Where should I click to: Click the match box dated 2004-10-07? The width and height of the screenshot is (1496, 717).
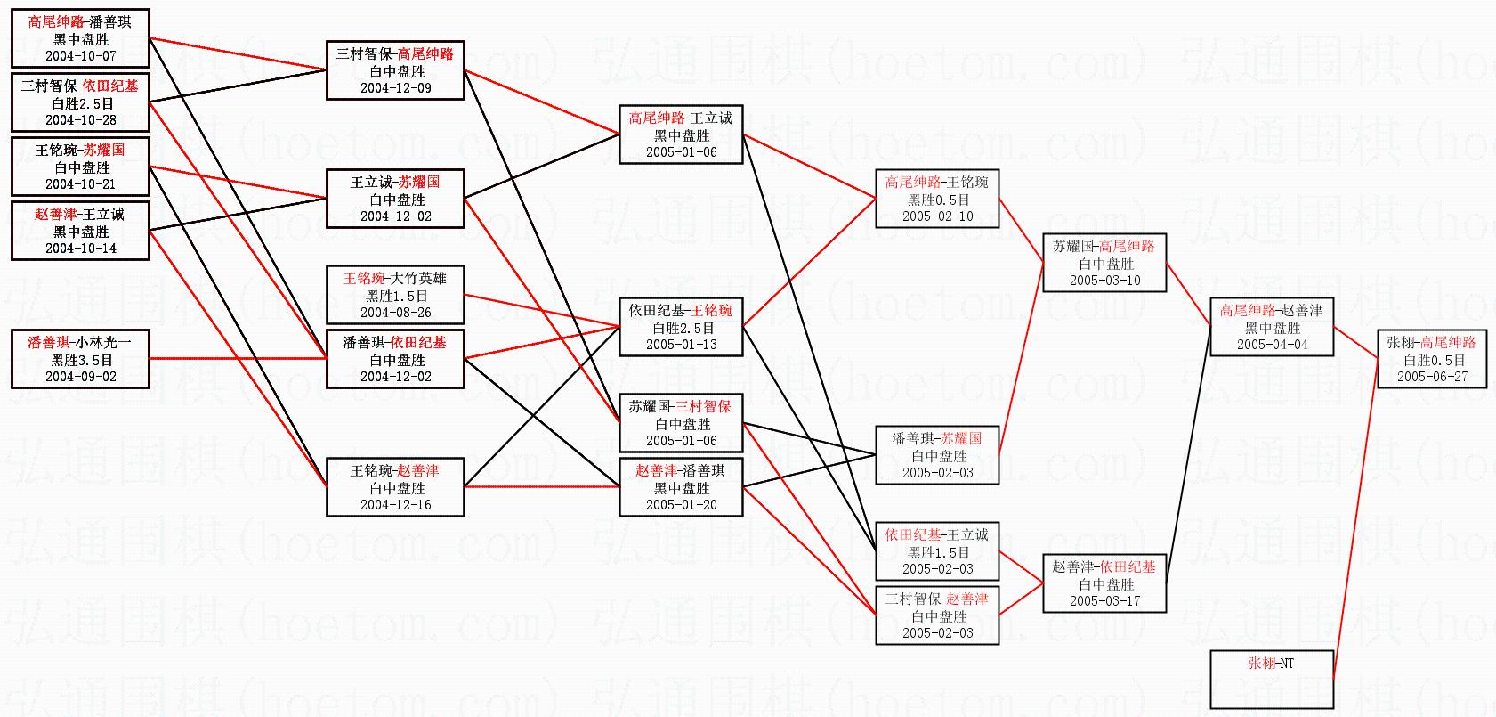pyautogui.click(x=80, y=38)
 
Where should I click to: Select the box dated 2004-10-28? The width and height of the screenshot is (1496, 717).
pyautogui.click(x=80, y=102)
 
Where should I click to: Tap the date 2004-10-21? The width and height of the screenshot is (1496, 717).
pyautogui.click(x=81, y=184)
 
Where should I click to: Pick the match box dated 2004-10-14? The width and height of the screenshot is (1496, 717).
pyautogui.click(x=80, y=231)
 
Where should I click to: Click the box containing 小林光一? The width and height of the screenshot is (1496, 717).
pyautogui.click(x=80, y=359)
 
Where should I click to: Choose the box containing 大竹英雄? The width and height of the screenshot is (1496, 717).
pyautogui.click(x=395, y=295)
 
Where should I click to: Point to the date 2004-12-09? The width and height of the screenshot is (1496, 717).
pyautogui.click(x=396, y=88)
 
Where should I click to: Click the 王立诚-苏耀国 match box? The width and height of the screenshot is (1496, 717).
pyautogui.click(x=395, y=199)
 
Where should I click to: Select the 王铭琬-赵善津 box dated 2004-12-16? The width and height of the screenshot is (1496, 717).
pyautogui.click(x=395, y=487)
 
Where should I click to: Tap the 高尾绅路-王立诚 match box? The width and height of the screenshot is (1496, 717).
pyautogui.click(x=681, y=134)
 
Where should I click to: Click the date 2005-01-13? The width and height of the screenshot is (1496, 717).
pyautogui.click(x=682, y=345)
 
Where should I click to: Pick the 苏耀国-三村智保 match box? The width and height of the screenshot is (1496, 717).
pyautogui.click(x=681, y=423)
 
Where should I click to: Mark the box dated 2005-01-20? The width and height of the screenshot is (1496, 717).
pyautogui.click(x=681, y=487)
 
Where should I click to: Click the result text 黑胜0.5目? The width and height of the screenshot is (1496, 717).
pyautogui.click(x=938, y=200)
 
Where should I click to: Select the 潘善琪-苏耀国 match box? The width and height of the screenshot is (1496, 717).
pyautogui.click(x=937, y=455)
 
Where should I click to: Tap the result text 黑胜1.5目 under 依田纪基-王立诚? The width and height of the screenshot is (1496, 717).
pyautogui.click(x=938, y=552)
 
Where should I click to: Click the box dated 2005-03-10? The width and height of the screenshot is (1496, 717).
pyautogui.click(x=1104, y=263)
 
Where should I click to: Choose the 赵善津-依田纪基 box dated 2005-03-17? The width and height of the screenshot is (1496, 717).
pyautogui.click(x=1104, y=583)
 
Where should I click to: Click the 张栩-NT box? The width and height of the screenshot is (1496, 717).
pyautogui.click(x=1272, y=679)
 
